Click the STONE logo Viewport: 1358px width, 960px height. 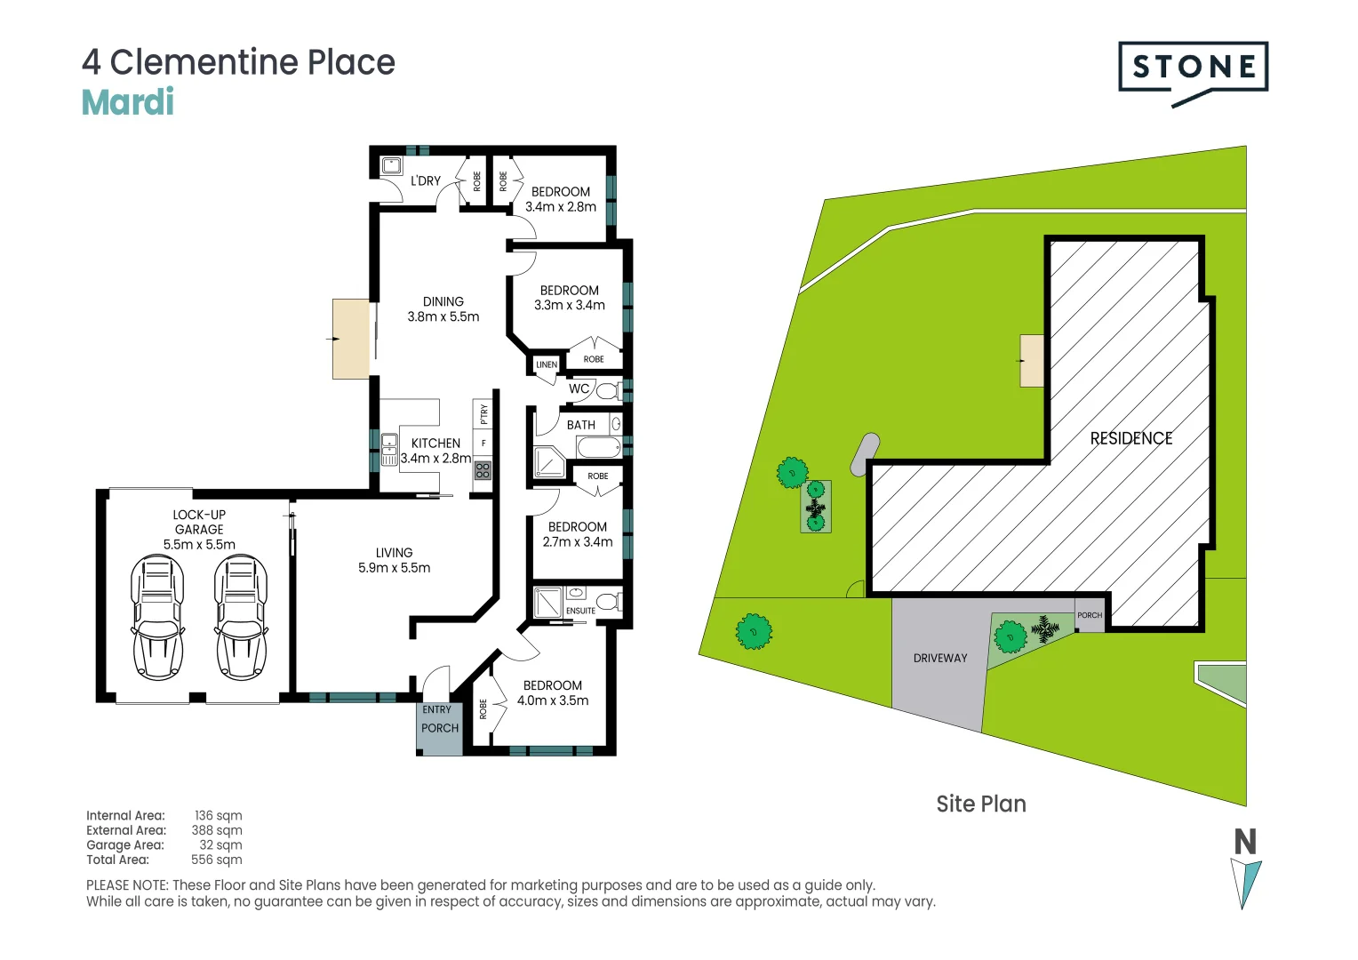pyautogui.click(x=1193, y=68)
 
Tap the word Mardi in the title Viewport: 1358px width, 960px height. pyautogui.click(x=128, y=102)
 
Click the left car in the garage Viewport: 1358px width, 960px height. pyautogui.click(x=157, y=617)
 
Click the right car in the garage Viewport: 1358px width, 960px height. pyautogui.click(x=240, y=617)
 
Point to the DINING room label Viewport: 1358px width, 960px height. pyautogui.click(x=443, y=302)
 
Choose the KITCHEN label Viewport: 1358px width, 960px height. pyautogui.click(x=435, y=443)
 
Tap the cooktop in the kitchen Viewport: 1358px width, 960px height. pyautogui.click(x=483, y=470)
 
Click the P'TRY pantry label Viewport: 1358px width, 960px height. pyautogui.click(x=483, y=413)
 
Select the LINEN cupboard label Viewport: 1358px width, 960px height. pyautogui.click(x=547, y=364)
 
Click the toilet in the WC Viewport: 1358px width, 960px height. pyautogui.click(x=609, y=390)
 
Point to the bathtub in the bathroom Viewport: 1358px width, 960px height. pyautogui.click(x=598, y=446)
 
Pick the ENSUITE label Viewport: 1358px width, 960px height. pyautogui.click(x=580, y=611)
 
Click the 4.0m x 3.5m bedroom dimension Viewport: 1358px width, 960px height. pyautogui.click(x=553, y=700)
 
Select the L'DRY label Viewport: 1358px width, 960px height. pyautogui.click(x=426, y=180)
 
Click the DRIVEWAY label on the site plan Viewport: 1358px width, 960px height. pyautogui.click(x=939, y=658)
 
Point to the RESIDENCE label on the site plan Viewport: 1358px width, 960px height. pyautogui.click(x=1130, y=438)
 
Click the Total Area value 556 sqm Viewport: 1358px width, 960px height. pyautogui.click(x=216, y=860)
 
